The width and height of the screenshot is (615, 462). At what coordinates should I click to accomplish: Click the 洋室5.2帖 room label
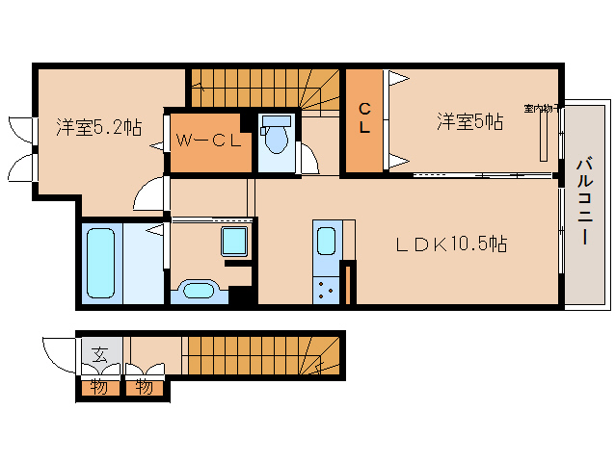(x=98, y=126)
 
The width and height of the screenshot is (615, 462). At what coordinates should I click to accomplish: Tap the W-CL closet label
(x=207, y=141)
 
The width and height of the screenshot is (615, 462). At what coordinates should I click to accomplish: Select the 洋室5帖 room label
(x=469, y=121)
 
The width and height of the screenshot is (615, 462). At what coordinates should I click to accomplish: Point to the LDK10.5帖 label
(x=452, y=244)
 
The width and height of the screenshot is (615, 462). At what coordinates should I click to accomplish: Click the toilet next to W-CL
(x=276, y=139)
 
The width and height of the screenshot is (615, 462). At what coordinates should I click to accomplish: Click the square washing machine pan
(x=235, y=242)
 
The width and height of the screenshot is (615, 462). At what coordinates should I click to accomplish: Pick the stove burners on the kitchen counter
(x=325, y=286)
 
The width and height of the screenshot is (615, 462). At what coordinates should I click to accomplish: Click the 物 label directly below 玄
(x=100, y=388)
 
